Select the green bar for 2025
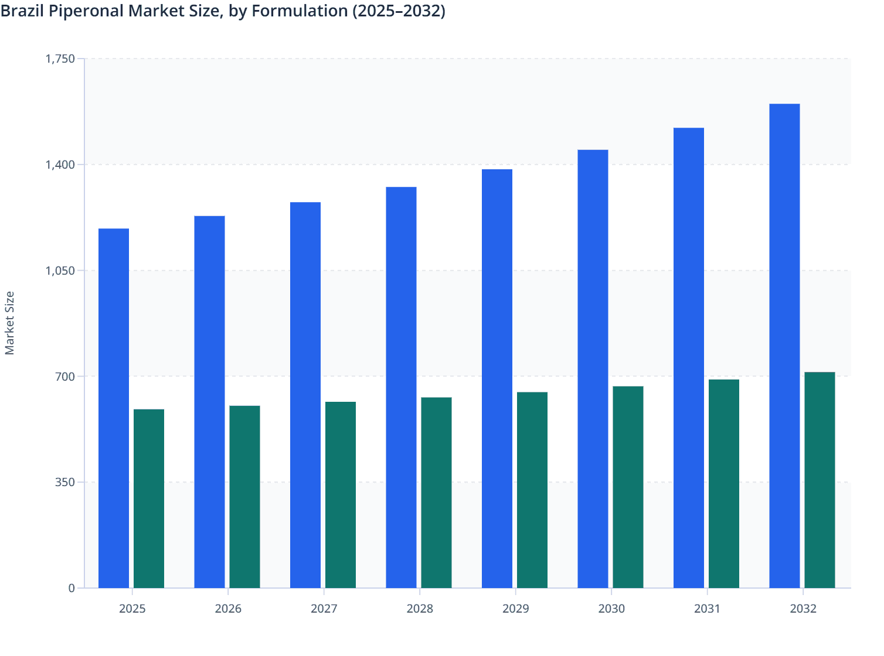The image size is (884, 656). coord(149,498)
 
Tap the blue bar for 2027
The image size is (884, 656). coord(305,395)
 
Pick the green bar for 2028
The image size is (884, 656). coord(436,493)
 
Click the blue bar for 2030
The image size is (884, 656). coord(593,369)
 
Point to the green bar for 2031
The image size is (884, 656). coord(724,484)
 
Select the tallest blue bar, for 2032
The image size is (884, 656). coord(784,346)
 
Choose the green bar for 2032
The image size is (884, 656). coord(820,480)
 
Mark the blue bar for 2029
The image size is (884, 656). coord(497,378)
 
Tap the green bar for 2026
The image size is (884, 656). coord(244,497)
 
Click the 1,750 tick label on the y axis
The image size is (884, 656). coord(60,59)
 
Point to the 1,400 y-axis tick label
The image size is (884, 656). coord(60,165)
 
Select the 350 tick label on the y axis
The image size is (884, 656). coord(64,482)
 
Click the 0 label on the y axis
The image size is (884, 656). coord(72,588)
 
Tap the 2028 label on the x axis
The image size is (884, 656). coord(420,609)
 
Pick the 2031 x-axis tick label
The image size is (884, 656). coord(707,609)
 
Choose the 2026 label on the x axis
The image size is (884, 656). coord(228,609)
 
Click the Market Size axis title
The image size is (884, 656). coord(10,323)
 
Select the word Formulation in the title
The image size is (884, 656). coord(300,11)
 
